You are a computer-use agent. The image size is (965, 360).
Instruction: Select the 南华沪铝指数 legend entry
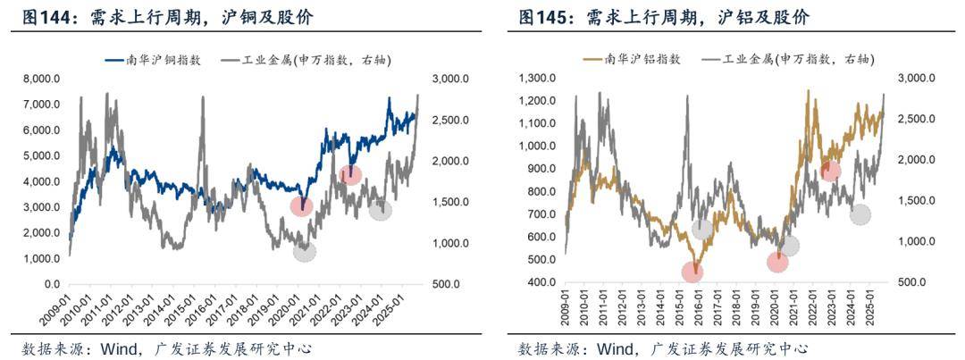point(643,59)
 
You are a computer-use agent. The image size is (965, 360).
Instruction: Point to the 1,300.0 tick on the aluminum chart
point(536,78)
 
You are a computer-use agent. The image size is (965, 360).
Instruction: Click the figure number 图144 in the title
point(43,17)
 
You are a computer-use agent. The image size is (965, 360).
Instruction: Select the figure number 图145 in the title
point(540,17)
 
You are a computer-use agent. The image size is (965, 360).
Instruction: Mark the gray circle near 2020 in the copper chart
point(305,251)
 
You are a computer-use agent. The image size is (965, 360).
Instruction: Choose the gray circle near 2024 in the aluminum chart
point(860,214)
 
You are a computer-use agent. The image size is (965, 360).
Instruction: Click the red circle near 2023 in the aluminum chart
point(831,171)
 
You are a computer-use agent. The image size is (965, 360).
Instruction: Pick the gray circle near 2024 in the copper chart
point(381,210)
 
